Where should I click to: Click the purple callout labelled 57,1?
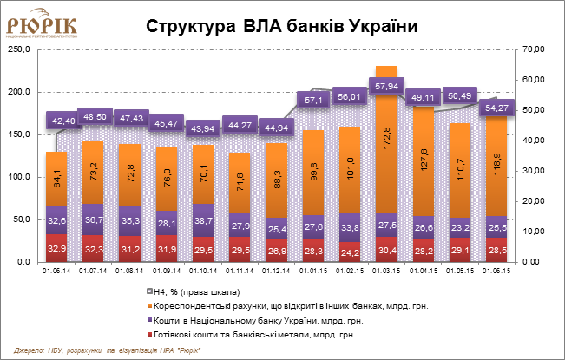point(313,100)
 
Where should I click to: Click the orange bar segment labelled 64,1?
point(56,180)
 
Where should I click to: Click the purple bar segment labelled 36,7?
point(93,219)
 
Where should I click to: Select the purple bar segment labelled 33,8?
point(350,226)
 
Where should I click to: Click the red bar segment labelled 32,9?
point(56,248)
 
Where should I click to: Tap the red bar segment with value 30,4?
point(386,249)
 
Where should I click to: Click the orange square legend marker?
point(150,305)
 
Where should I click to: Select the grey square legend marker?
point(150,291)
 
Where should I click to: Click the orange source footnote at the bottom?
point(108,350)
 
